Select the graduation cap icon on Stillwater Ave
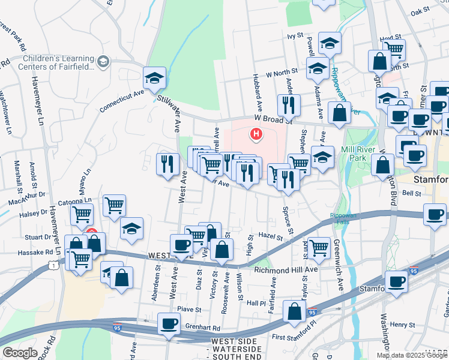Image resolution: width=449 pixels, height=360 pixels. click(154, 78)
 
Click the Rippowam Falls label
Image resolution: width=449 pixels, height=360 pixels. click(342, 218)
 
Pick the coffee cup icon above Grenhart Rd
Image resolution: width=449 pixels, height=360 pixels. click(168, 325)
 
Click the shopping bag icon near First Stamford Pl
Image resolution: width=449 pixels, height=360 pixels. click(294, 312)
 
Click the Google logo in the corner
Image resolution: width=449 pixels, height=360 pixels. click(20, 352)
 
